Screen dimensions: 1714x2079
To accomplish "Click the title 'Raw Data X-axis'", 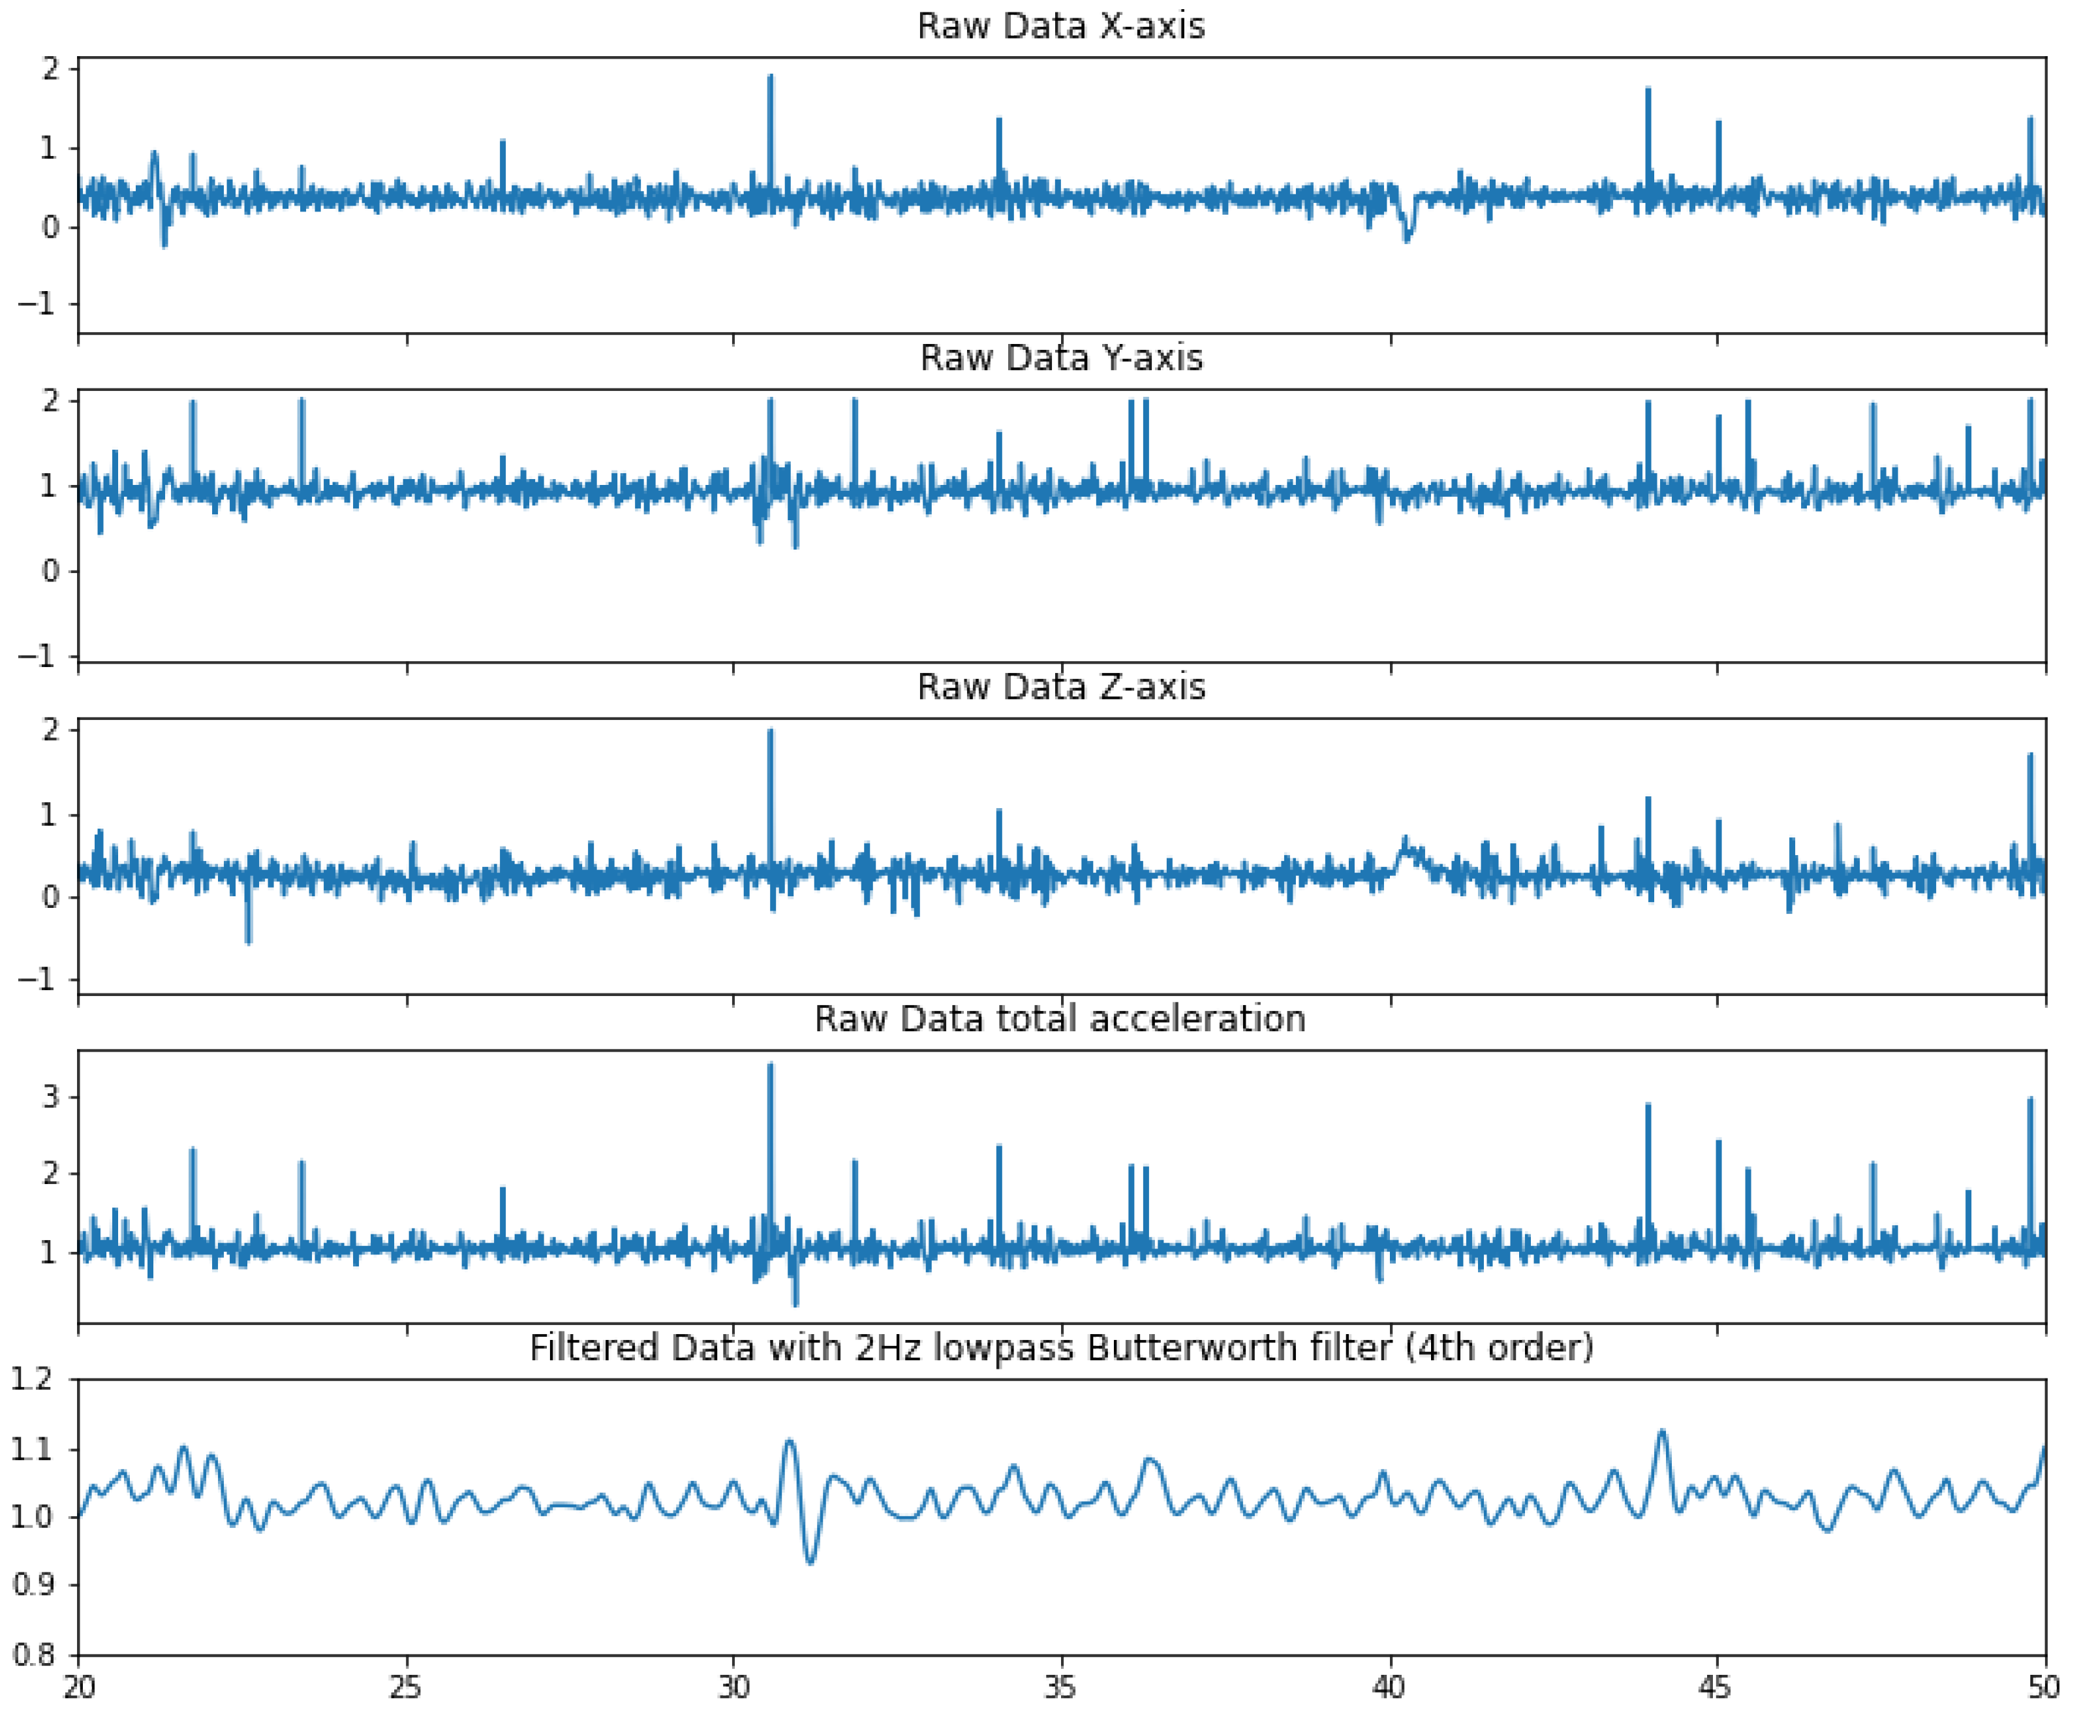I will click(1060, 25).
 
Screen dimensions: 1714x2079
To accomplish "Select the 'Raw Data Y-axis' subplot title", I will click(1060, 358).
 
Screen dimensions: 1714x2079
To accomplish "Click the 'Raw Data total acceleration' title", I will click(1059, 1018).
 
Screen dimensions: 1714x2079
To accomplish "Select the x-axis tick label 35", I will click(1061, 1687).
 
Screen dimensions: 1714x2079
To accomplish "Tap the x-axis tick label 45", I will click(1717, 1687).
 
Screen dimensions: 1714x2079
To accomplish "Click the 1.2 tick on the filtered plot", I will click(31, 1379).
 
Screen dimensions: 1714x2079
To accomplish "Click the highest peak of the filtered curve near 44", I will click(1663, 1431).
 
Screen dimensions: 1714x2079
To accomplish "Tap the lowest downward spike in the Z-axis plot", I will click(248, 941).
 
